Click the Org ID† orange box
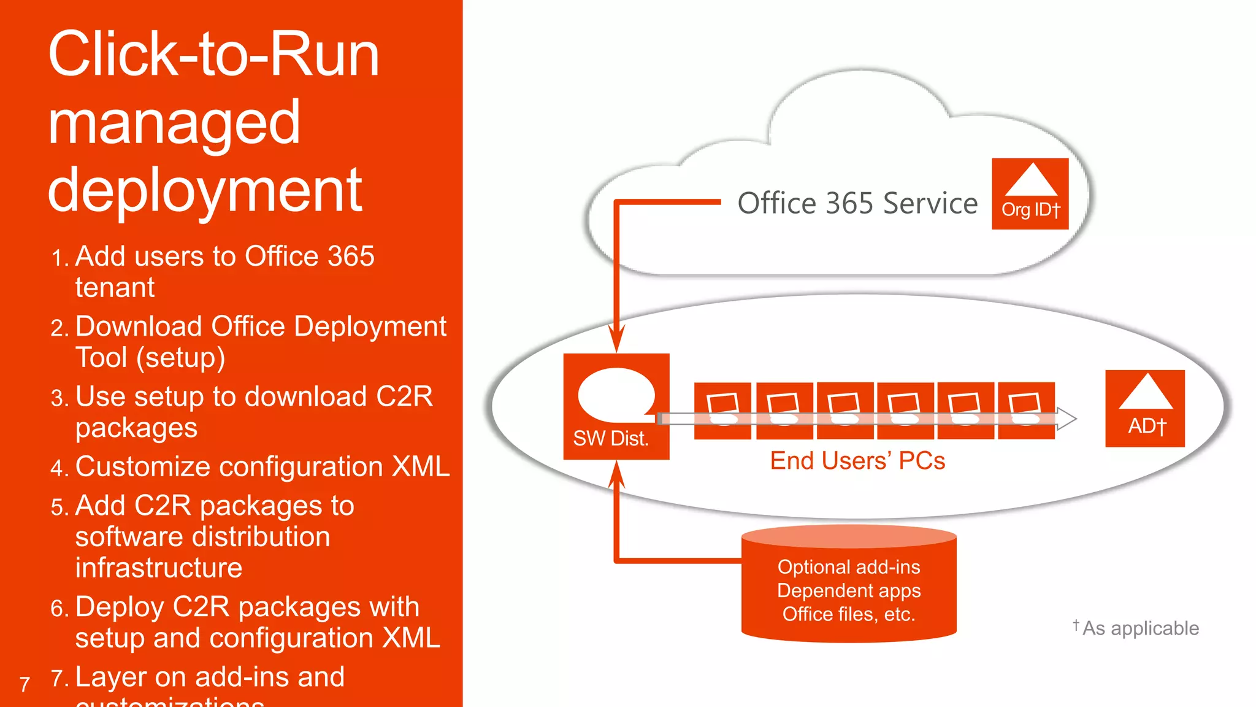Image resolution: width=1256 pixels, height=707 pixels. coord(1030,194)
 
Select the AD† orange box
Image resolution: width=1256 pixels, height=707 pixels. coord(1144,409)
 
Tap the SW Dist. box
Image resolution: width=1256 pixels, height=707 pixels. coord(616,406)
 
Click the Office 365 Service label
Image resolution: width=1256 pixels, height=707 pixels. coord(857,203)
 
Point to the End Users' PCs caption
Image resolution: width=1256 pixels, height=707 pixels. coord(857,461)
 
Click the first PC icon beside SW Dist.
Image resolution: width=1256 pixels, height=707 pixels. coord(722,410)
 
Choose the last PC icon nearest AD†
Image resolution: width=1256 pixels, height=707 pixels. coord(1025,410)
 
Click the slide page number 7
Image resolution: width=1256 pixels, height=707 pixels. coord(25,684)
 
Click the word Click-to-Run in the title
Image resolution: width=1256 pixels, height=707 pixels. coord(213,55)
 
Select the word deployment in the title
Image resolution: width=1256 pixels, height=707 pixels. coord(205,191)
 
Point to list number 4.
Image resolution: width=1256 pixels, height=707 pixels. coord(59,469)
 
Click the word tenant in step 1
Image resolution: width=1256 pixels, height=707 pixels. coord(115,288)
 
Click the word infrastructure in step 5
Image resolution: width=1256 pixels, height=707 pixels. coord(158,568)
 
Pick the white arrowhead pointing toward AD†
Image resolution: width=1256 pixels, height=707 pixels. coord(1068,419)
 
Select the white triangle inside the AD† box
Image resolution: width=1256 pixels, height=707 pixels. coord(1145,393)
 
